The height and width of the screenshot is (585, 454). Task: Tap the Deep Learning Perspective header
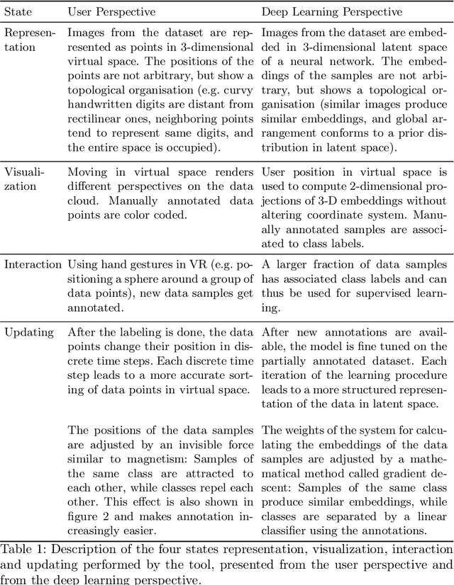331,13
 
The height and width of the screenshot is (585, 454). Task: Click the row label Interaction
33,264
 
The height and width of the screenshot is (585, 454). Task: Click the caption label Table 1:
24,547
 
